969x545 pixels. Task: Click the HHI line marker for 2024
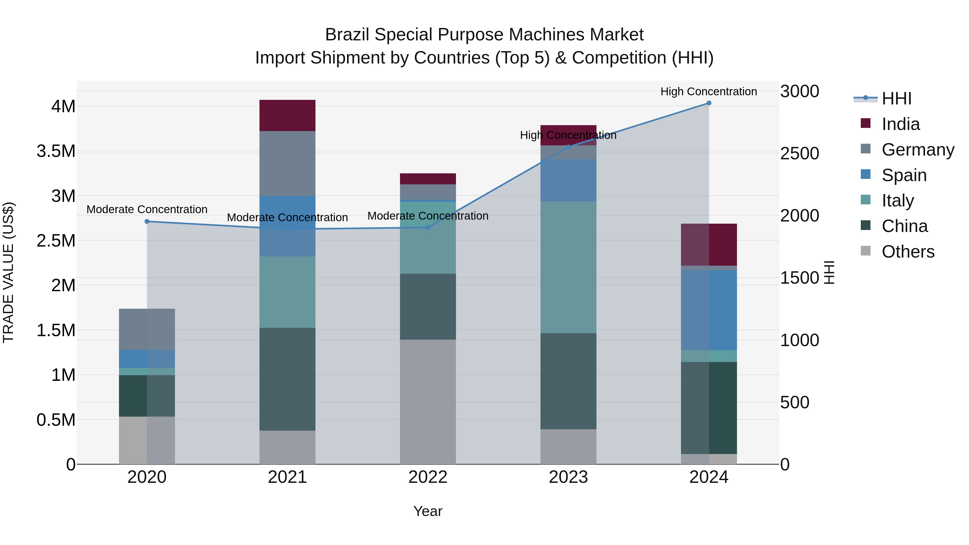point(709,103)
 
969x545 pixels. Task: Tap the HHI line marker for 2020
point(147,221)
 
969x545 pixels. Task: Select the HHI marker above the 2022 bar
point(428,227)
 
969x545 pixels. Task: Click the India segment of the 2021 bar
point(287,115)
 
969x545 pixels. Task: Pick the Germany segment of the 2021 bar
point(287,164)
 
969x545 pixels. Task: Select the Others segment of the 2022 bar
point(428,402)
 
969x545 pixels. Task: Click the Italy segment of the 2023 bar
point(568,267)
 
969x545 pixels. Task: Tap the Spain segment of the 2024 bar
point(709,310)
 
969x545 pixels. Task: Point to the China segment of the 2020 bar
point(147,396)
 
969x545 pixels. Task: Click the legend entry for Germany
point(918,150)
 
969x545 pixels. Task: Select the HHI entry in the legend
point(896,99)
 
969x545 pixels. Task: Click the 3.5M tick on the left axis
point(56,151)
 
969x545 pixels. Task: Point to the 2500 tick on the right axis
point(799,153)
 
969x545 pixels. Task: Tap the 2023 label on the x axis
point(568,477)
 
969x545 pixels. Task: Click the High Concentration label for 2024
point(709,92)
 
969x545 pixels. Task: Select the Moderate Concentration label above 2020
point(147,209)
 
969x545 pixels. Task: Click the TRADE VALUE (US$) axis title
point(9,272)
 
